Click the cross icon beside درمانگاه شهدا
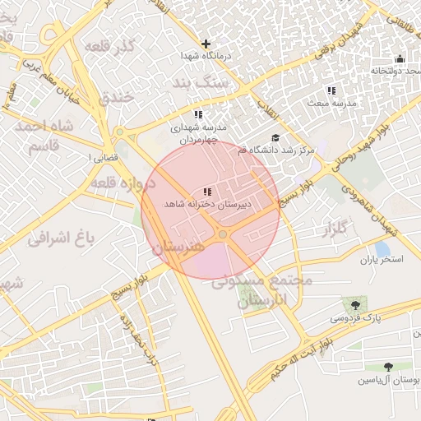click(x=206, y=44)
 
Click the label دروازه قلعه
click(x=123, y=180)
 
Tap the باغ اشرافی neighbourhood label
click(x=62, y=238)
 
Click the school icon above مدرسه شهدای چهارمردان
click(x=198, y=114)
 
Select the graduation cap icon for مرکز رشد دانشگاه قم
click(x=275, y=138)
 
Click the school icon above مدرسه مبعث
click(x=331, y=90)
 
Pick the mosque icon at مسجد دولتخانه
click(x=400, y=58)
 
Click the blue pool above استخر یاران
click(x=382, y=248)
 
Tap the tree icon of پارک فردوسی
click(x=355, y=304)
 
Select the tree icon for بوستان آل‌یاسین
click(x=387, y=367)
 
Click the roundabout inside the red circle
click(x=223, y=236)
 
